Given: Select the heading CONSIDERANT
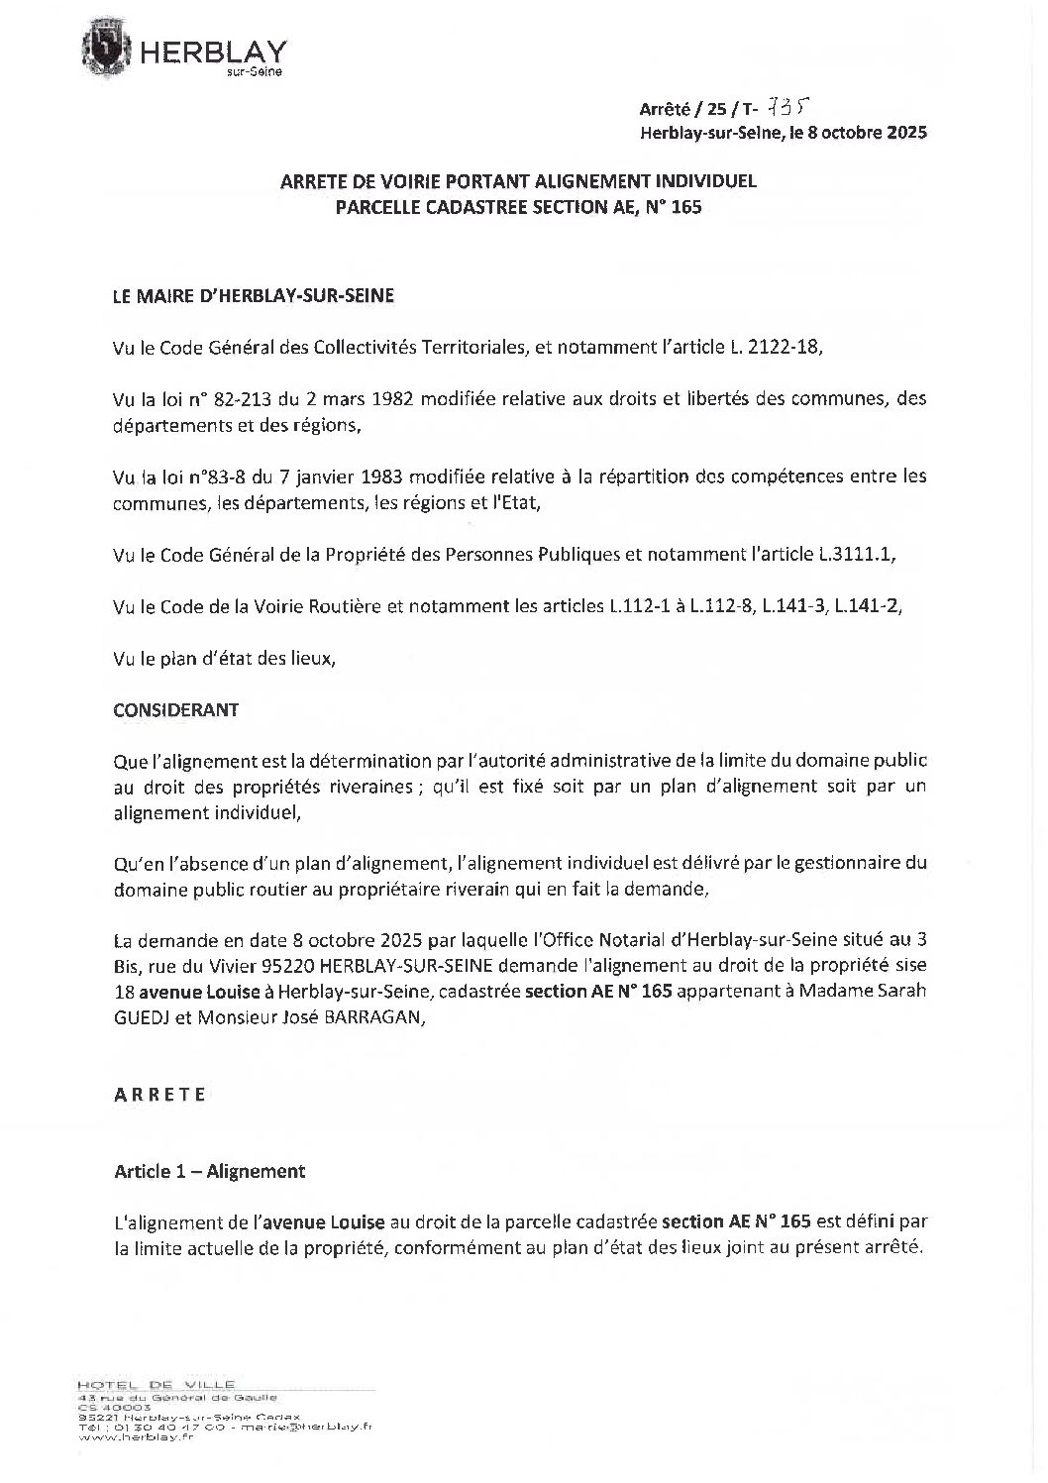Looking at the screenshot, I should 175,710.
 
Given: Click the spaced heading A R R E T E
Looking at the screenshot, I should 160,1095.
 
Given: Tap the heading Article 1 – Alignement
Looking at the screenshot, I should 210,1172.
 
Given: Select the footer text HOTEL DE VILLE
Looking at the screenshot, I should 157,1384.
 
